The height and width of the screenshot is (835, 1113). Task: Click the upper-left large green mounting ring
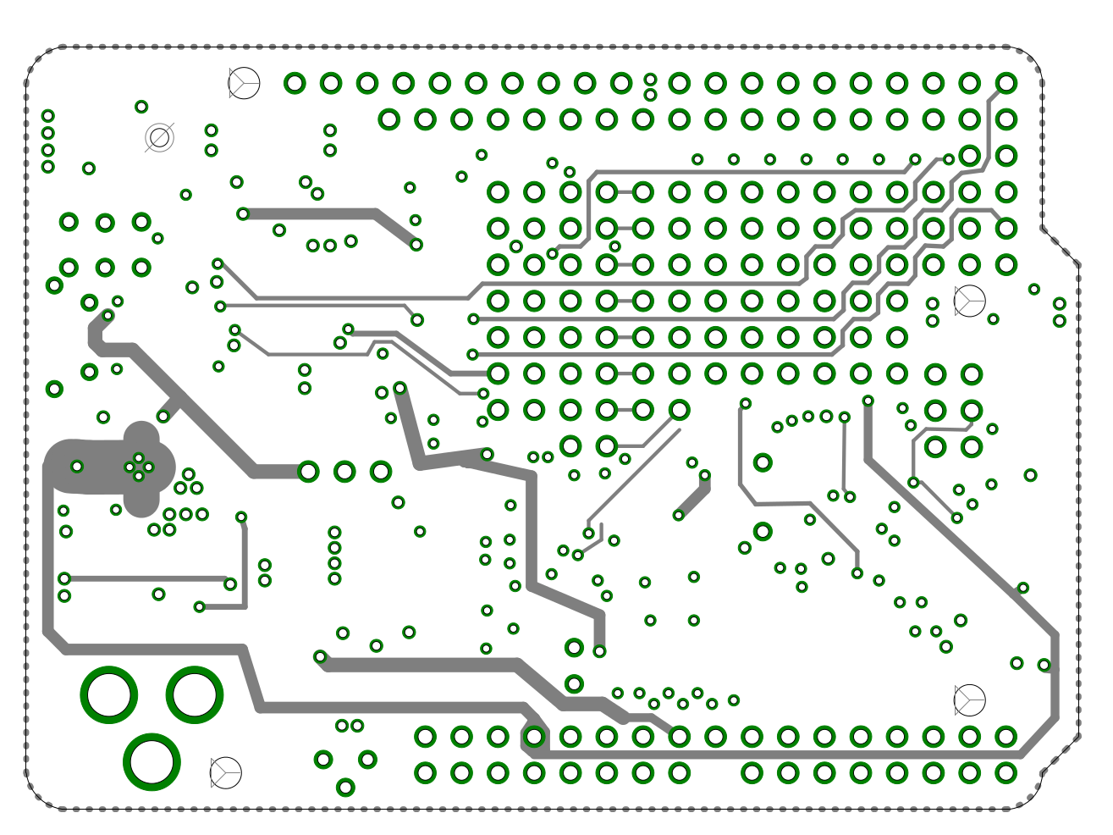(x=109, y=695)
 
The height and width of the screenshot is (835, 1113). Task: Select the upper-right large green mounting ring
(x=195, y=695)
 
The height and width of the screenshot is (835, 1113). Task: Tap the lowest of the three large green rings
(x=152, y=761)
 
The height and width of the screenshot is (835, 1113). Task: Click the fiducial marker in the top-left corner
(x=244, y=83)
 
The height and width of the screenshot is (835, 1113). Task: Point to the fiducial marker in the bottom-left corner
(x=225, y=772)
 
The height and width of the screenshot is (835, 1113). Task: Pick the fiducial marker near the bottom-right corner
(x=969, y=700)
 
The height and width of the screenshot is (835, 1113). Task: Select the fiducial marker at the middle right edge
(x=969, y=301)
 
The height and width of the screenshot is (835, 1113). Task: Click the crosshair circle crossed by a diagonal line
(x=159, y=137)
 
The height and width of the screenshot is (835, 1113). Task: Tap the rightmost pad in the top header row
(x=1006, y=83)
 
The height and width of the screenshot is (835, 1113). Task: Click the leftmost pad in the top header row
(x=295, y=83)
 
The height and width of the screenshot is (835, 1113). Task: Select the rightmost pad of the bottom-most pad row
(x=1006, y=772)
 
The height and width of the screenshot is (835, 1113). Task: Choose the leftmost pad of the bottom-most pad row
(x=425, y=772)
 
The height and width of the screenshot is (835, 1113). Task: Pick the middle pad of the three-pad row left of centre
(x=344, y=472)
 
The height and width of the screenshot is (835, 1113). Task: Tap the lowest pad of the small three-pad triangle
(x=345, y=788)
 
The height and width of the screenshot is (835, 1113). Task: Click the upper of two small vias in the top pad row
(x=650, y=80)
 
